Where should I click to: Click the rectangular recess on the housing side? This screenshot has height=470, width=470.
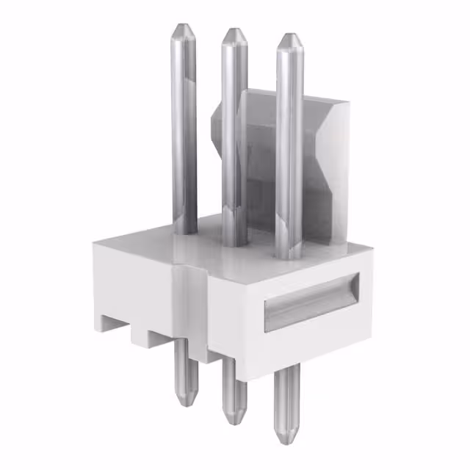coord(311,301)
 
